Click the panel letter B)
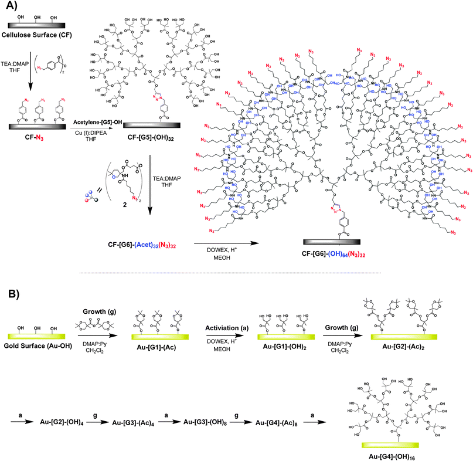[x=12, y=291]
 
